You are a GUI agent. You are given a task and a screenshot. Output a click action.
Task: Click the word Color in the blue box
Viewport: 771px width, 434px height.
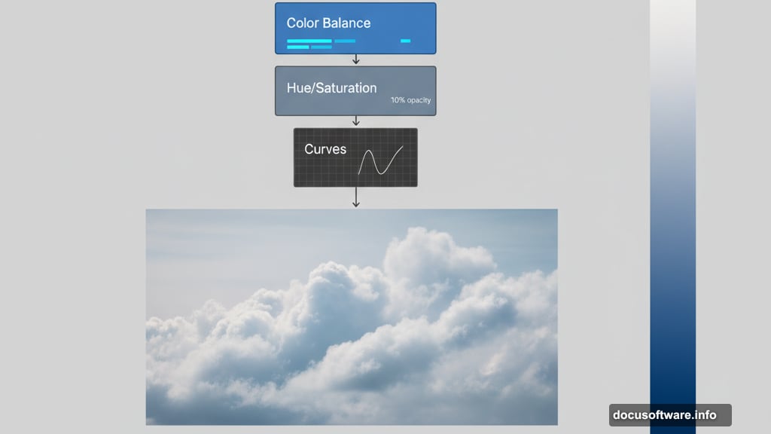301,23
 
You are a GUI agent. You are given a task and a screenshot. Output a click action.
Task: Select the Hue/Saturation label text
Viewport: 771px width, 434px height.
331,88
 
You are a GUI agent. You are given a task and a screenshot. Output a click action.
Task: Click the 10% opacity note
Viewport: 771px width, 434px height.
411,100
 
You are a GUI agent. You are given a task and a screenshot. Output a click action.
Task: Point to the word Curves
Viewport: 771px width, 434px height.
325,149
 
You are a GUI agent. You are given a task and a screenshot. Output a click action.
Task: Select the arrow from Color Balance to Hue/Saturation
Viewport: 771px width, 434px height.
356,60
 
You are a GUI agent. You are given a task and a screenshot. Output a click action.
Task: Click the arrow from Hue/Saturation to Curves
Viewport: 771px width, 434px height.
356,121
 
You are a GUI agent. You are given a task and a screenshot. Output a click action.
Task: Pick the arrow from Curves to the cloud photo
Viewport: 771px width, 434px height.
356,197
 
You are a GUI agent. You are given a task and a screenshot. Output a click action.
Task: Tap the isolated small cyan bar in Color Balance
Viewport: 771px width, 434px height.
405,41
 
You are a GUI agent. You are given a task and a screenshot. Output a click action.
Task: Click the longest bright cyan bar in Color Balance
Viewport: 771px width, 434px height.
309,41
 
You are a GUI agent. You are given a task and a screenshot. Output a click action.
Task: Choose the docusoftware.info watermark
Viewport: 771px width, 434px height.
669,415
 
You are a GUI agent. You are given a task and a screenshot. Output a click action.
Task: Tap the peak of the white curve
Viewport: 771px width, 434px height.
369,151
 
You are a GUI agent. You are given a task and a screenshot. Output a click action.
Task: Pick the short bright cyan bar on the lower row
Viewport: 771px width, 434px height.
298,47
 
